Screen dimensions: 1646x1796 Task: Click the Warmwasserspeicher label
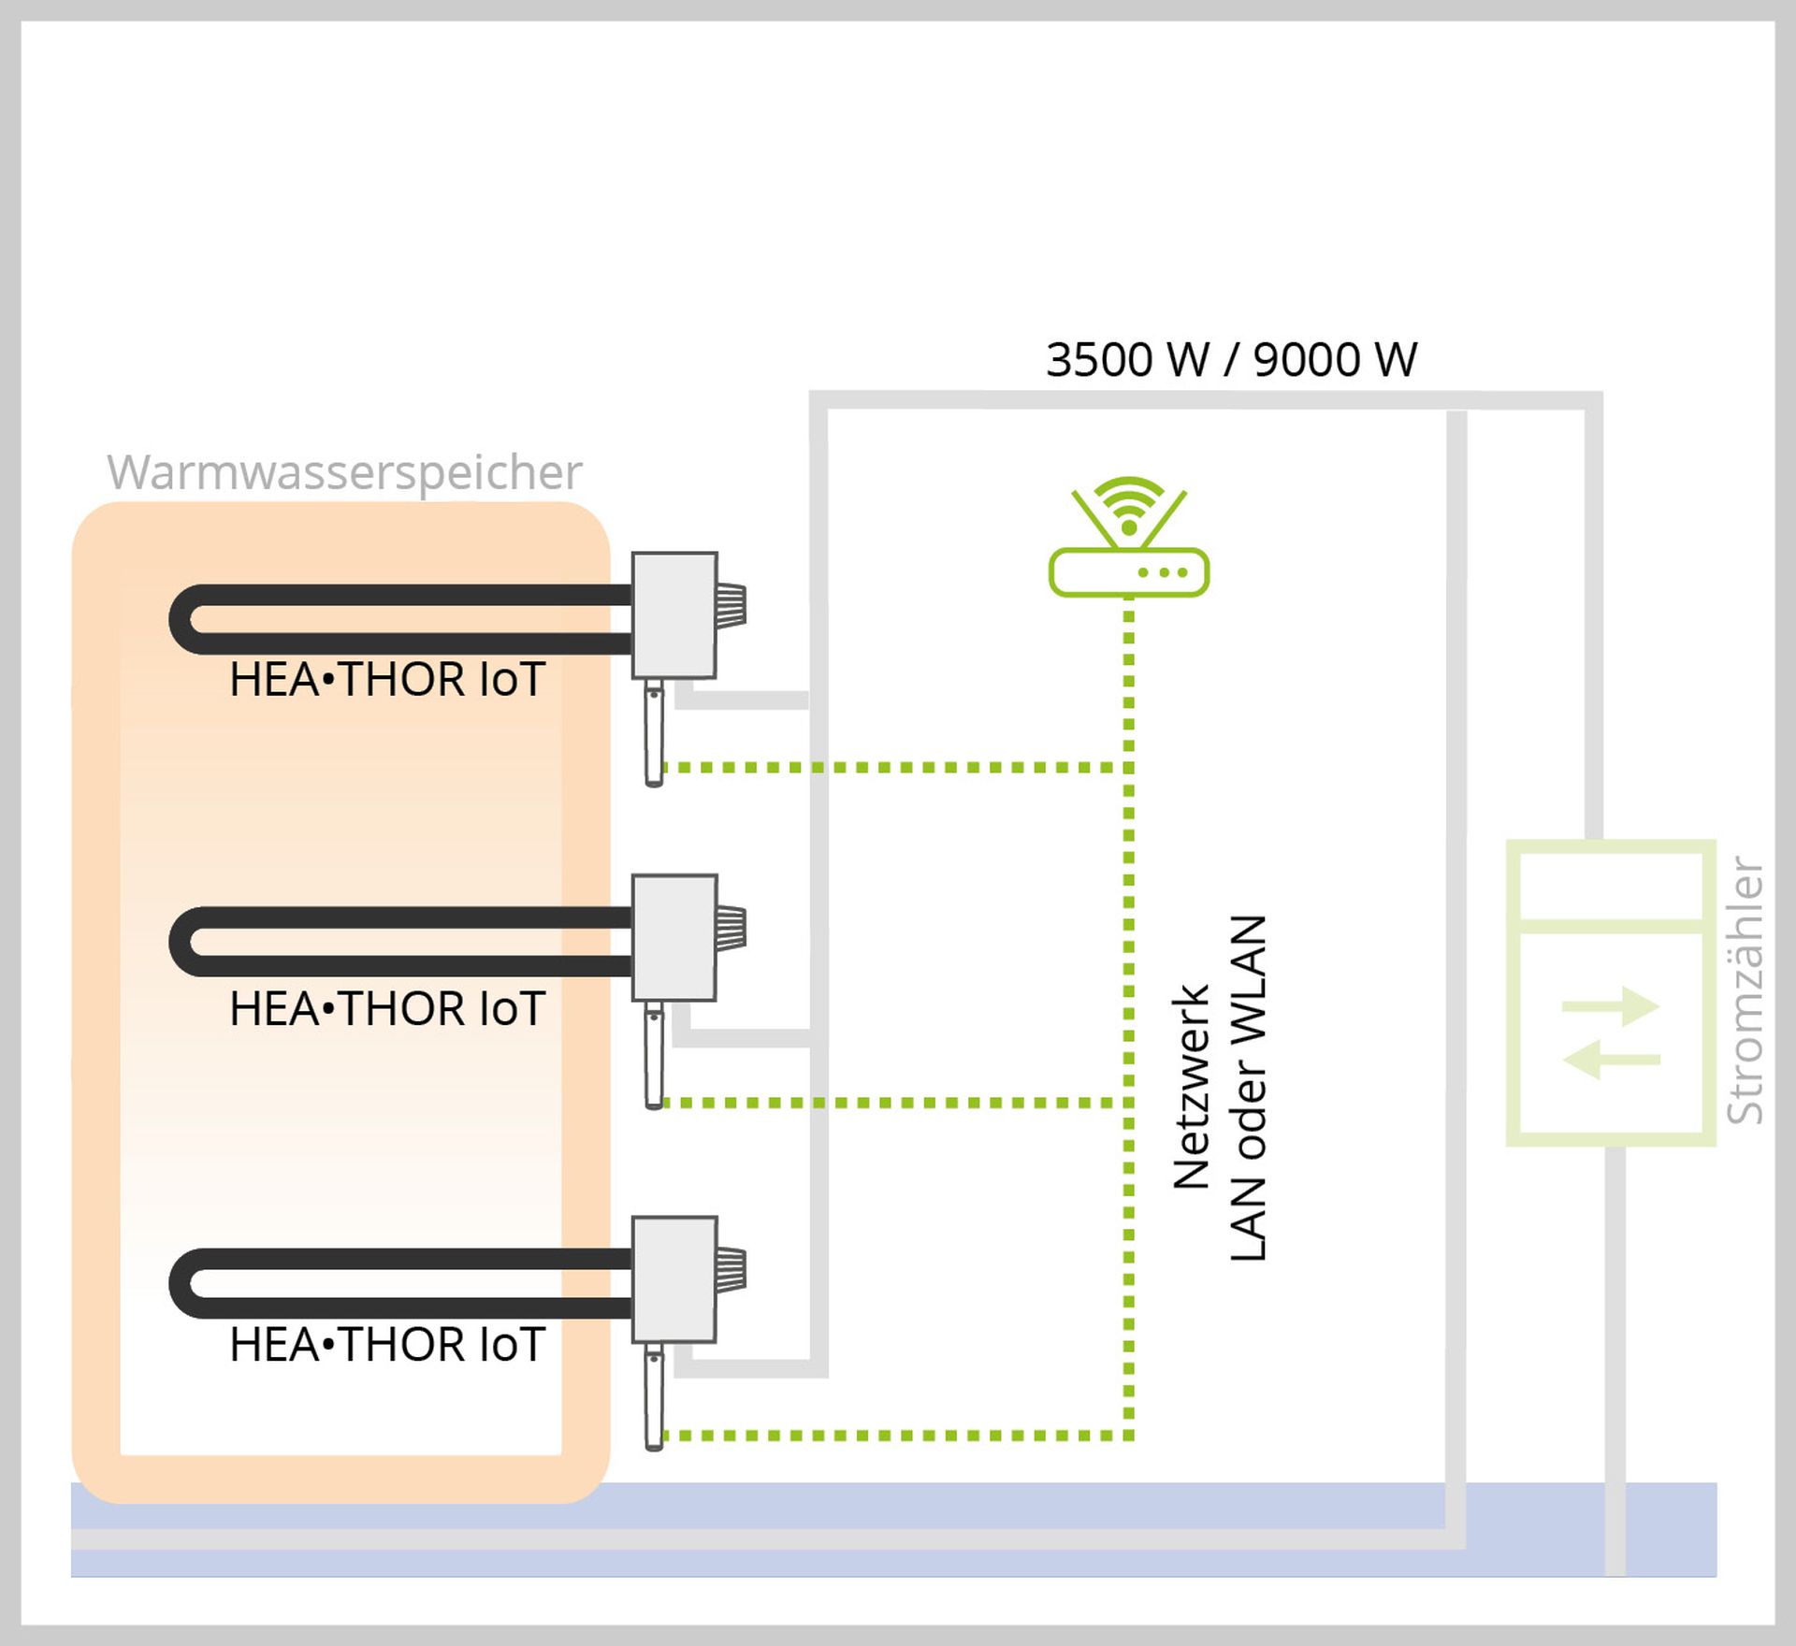click(x=344, y=472)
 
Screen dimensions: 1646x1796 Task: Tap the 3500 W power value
click(x=1127, y=360)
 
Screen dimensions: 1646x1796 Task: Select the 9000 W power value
click(x=1335, y=360)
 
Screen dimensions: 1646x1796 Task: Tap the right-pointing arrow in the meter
click(x=1611, y=1007)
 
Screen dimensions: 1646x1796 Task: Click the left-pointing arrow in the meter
click(x=1611, y=1060)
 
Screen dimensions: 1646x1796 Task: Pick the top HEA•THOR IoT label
click(x=387, y=680)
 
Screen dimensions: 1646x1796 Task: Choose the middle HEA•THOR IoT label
click(x=387, y=1009)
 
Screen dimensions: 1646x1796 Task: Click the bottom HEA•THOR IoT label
click(x=387, y=1345)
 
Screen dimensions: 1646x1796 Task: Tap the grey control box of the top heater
click(x=674, y=614)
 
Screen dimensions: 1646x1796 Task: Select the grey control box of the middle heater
click(x=674, y=937)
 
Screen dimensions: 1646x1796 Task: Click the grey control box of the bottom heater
click(x=674, y=1278)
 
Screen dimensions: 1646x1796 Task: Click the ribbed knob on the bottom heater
click(x=731, y=1269)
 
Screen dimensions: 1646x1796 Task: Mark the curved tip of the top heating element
click(x=182, y=619)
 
